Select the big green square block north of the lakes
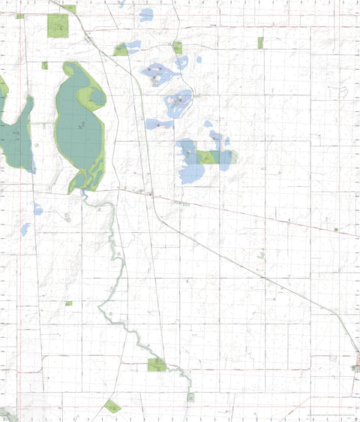tap(57, 26)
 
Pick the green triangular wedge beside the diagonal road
tap(120, 50)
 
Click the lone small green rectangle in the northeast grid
tap(260, 43)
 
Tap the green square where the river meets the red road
tap(157, 365)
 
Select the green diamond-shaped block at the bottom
tap(112, 406)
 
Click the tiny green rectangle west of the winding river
tap(68, 303)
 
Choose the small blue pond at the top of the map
tap(145, 14)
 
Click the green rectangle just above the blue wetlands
tap(177, 47)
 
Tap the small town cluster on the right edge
tap(356, 367)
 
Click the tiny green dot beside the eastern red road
tap(336, 229)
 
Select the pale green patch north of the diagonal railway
tap(260, 255)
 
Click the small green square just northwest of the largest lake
tap(45, 65)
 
